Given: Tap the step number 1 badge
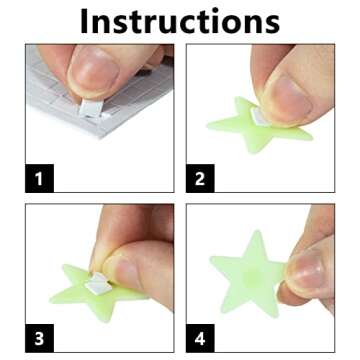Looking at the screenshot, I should tap(38, 179).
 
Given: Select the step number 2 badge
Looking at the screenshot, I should tap(199, 179).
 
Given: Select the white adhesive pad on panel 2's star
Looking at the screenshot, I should tap(262, 118).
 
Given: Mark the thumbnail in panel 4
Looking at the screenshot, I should tap(304, 270).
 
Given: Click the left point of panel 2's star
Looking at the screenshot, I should tap(211, 125).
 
